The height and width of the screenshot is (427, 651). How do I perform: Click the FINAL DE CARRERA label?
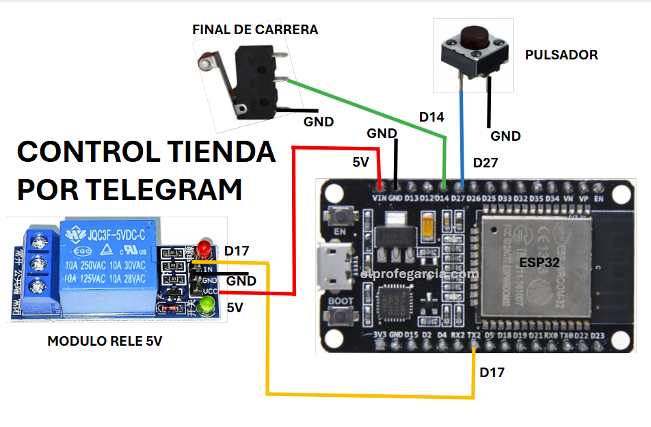[255, 30]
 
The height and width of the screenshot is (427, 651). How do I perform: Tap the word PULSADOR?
[561, 55]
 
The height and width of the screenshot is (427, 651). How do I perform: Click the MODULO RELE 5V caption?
[105, 341]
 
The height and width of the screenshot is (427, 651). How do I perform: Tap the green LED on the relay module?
[203, 308]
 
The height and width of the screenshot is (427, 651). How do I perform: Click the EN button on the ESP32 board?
[340, 215]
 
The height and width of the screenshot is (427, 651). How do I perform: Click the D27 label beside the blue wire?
[486, 163]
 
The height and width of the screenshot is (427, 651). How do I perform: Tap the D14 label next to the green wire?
[431, 118]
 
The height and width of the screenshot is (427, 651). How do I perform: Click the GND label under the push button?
[505, 136]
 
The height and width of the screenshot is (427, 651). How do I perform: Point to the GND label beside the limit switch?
[318, 122]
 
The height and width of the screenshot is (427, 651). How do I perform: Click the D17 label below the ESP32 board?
[492, 372]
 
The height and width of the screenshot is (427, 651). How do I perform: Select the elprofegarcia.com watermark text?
[419, 274]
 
